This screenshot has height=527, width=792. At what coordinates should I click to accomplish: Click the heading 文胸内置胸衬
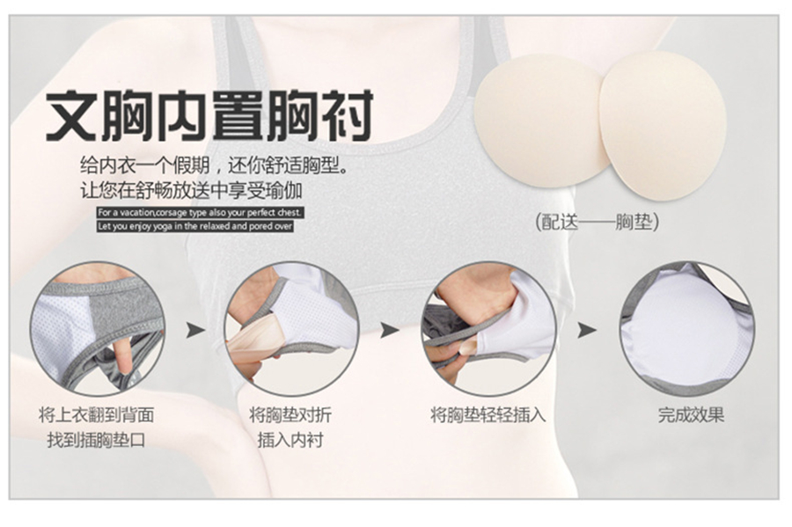209,115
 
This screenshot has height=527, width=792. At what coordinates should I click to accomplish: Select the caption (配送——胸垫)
597,222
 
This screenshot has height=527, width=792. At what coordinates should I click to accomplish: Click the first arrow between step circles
195,330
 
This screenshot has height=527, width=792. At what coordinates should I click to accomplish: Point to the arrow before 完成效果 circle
587,330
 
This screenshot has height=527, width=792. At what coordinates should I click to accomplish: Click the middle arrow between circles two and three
390,330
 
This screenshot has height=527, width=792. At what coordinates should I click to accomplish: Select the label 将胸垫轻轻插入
488,415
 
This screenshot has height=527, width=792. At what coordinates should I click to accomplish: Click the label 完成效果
691,415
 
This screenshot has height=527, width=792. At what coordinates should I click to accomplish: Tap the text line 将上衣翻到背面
97,415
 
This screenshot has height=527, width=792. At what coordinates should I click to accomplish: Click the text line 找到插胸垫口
97,440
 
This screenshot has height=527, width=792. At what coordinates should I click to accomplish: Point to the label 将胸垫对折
290,415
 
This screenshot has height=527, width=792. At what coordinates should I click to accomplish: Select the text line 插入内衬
290,440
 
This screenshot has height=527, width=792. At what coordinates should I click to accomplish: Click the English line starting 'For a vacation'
200,213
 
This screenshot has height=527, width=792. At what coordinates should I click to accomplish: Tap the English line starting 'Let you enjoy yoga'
195,226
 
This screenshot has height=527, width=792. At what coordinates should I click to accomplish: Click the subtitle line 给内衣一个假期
214,165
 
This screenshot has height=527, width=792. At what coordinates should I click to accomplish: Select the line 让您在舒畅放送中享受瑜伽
191,190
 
